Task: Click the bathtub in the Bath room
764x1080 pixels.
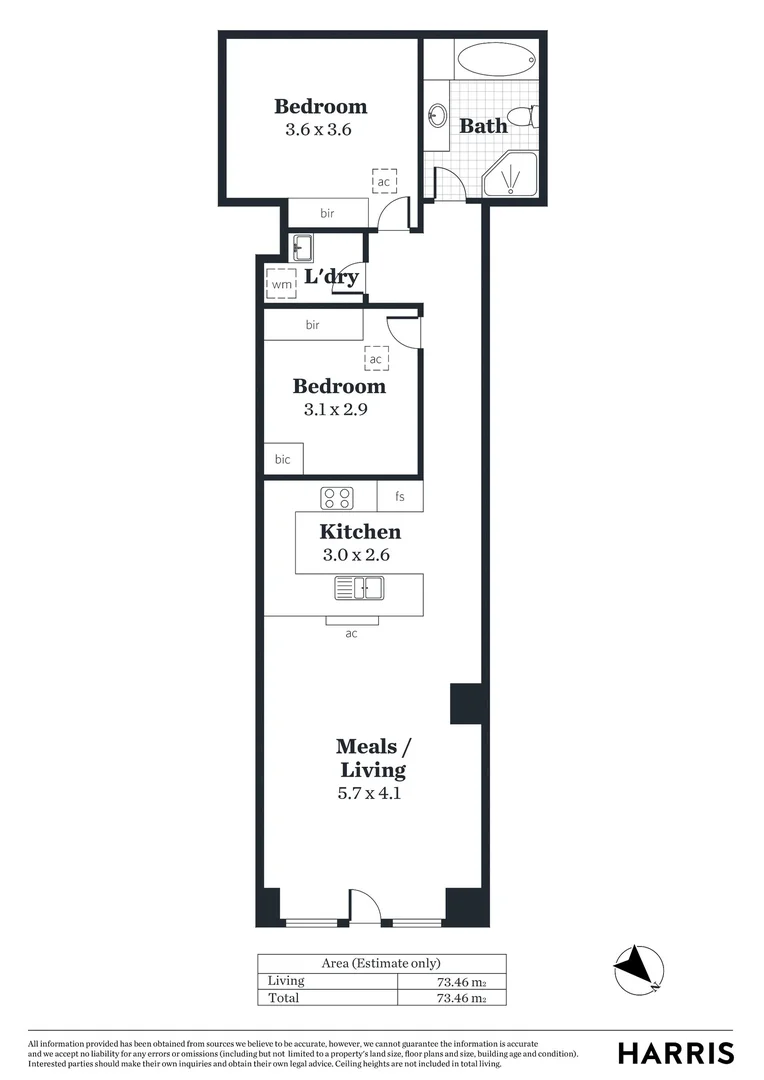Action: pos(497,60)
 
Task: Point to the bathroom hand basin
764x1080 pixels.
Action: pos(437,116)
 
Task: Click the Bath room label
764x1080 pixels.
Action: pos(483,126)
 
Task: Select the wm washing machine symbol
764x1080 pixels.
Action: pos(281,284)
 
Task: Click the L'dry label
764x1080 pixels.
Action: pos(331,277)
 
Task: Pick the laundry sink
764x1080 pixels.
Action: pos(302,247)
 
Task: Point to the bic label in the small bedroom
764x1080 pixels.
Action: pos(282,459)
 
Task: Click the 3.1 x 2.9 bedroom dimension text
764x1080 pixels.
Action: pos(337,409)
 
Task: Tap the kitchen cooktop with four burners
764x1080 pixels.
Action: pos(337,497)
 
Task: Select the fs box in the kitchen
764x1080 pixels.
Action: pos(400,496)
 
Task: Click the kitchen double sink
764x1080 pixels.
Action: pos(360,589)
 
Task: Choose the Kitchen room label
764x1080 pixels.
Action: pos(360,532)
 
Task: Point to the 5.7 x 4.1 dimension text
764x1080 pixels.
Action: pos(372,795)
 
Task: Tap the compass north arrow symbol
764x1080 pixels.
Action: pos(637,968)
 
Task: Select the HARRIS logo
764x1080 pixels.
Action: pos(675,1053)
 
